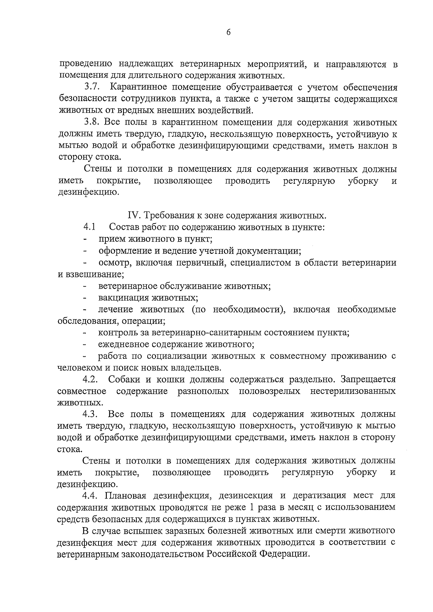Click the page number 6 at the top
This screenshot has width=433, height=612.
point(228,32)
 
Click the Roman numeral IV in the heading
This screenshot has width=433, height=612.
point(135,216)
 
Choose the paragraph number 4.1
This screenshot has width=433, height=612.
point(89,227)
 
